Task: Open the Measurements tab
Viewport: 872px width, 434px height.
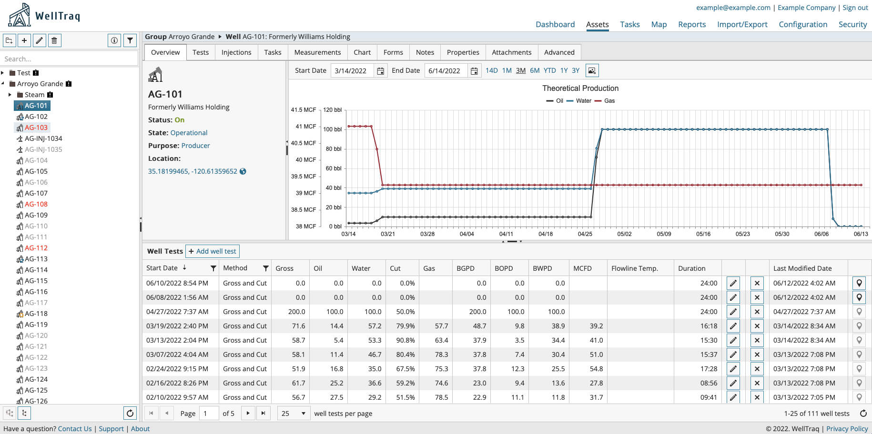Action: (x=317, y=52)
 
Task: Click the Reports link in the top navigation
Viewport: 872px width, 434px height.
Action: (x=692, y=25)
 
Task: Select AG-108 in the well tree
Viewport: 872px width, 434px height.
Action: (x=36, y=204)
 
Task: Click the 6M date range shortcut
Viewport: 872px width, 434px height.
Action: (x=535, y=70)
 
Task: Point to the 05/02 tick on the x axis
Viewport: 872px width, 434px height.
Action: (x=624, y=234)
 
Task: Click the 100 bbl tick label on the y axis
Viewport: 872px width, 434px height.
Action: (x=332, y=129)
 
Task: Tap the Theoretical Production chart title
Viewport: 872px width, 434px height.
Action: (x=580, y=89)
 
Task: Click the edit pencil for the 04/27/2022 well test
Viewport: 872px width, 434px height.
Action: (x=733, y=312)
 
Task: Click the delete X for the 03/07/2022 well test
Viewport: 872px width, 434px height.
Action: (x=757, y=355)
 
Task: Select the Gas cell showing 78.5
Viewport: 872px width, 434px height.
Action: (x=441, y=397)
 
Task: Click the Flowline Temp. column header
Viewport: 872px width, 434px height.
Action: (x=634, y=268)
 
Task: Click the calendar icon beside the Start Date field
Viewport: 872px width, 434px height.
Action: (x=381, y=71)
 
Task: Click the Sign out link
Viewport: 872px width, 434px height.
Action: (x=855, y=8)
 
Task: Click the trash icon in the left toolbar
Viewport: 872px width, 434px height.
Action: (x=54, y=40)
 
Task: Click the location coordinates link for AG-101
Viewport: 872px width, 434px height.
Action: (x=193, y=171)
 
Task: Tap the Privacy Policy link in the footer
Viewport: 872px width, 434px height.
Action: (x=847, y=429)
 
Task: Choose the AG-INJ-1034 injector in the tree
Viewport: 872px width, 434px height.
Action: (x=43, y=138)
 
